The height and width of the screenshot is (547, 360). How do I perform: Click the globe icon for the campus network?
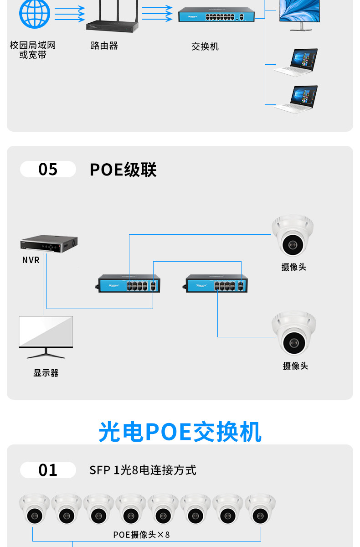[x=34, y=13]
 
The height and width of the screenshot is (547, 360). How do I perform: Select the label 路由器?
[x=104, y=46]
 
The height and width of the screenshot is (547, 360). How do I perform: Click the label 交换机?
[x=205, y=46]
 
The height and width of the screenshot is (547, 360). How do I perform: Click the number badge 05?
[x=48, y=169]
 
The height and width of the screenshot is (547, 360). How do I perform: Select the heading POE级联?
[x=123, y=170]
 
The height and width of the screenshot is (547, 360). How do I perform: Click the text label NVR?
[x=31, y=260]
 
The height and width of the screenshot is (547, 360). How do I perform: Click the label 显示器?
[x=46, y=373]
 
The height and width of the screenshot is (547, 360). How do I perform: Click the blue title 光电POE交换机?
[x=180, y=432]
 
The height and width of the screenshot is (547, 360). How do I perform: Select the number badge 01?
[x=48, y=470]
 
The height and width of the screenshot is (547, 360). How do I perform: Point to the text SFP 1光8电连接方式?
[x=143, y=470]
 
